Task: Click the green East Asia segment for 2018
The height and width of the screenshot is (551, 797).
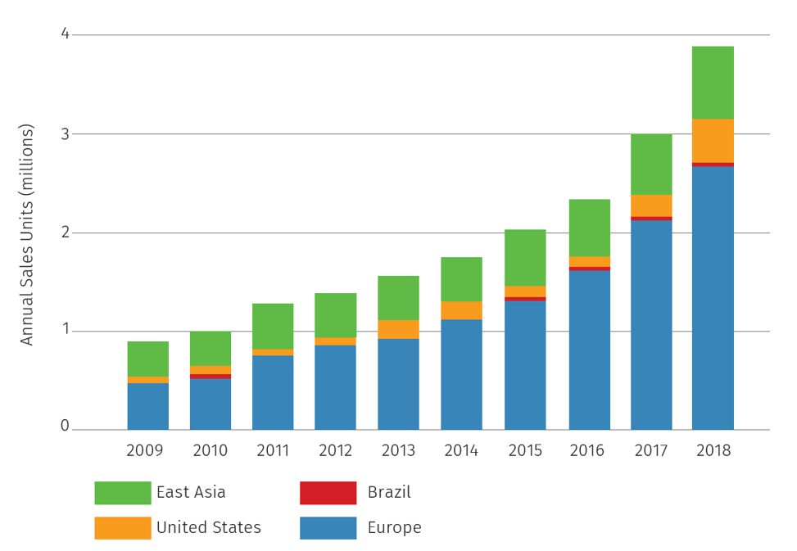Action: pos(713,83)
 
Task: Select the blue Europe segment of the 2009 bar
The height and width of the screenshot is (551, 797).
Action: pos(147,406)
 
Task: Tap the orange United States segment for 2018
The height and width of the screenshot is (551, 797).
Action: pos(713,141)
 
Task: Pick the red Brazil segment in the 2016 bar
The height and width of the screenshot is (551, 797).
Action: pos(589,269)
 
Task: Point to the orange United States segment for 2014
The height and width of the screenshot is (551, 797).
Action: pos(461,310)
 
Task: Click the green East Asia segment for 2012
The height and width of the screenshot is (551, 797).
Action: pos(335,315)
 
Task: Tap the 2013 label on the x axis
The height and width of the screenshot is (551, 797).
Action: pos(398,451)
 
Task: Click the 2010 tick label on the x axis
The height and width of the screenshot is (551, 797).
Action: pos(210,451)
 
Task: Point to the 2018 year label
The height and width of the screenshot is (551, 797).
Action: pos(713,451)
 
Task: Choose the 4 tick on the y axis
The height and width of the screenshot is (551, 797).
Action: pos(65,34)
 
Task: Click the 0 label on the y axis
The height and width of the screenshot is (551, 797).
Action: pos(65,427)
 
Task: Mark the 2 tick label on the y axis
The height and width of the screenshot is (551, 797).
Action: pos(65,233)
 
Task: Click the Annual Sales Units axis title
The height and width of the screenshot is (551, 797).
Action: pos(27,234)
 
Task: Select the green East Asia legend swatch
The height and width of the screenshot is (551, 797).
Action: pos(123,493)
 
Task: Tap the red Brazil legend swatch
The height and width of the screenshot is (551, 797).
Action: pos(328,493)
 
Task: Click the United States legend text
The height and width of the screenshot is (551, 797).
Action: pos(209,528)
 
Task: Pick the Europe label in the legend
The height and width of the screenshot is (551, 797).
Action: pos(396,528)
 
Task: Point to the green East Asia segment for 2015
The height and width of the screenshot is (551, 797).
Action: pos(525,258)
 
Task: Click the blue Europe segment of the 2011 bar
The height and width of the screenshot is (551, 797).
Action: pos(273,392)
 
